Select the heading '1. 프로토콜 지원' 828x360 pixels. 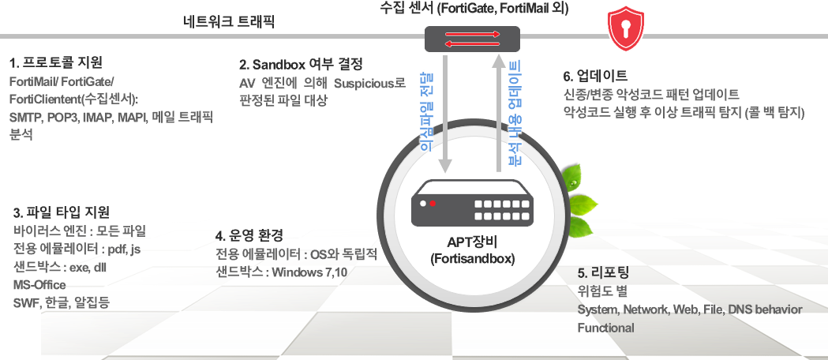click(56, 62)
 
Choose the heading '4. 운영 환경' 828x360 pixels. click(249, 234)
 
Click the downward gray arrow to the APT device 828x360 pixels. click(445, 118)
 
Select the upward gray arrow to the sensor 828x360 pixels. click(499, 118)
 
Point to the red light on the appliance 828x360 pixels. click(433, 204)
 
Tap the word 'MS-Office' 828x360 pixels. click(38, 284)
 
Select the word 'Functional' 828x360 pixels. click(605, 328)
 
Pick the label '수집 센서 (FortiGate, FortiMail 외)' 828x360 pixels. click(474, 9)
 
